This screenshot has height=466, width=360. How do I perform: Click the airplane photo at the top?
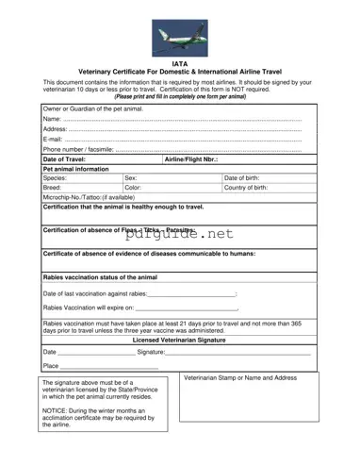pos(179,38)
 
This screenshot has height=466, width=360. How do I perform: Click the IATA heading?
pos(179,64)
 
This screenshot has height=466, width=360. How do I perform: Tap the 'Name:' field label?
pos(53,120)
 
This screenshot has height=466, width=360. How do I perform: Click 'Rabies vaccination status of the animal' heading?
pos(101,277)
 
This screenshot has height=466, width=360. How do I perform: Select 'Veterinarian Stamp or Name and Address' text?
pos(240,377)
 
